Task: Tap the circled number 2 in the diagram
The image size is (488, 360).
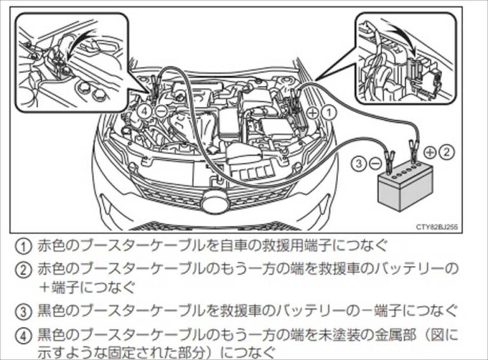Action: (x=448, y=152)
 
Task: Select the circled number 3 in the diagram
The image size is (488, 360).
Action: (x=358, y=163)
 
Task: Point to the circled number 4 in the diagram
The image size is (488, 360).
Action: (x=146, y=110)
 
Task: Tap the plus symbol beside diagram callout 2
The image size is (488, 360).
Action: (x=431, y=152)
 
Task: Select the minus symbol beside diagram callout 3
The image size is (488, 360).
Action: (x=375, y=163)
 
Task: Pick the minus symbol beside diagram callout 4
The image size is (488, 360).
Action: (x=161, y=110)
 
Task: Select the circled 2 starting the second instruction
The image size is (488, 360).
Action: (x=24, y=268)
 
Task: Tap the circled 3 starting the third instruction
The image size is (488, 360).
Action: (x=24, y=311)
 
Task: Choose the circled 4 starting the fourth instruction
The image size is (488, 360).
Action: (x=24, y=334)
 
